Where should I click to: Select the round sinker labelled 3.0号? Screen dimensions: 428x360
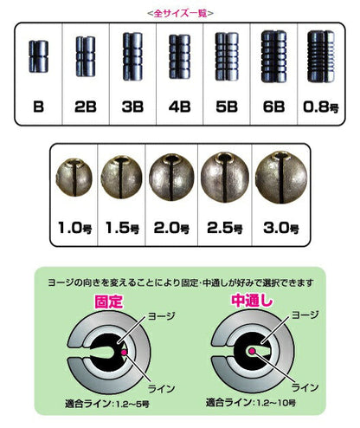pos(274,172)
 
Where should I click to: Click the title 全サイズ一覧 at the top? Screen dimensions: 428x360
pos(181,13)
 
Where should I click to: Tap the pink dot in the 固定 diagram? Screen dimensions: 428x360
pos(126,353)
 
